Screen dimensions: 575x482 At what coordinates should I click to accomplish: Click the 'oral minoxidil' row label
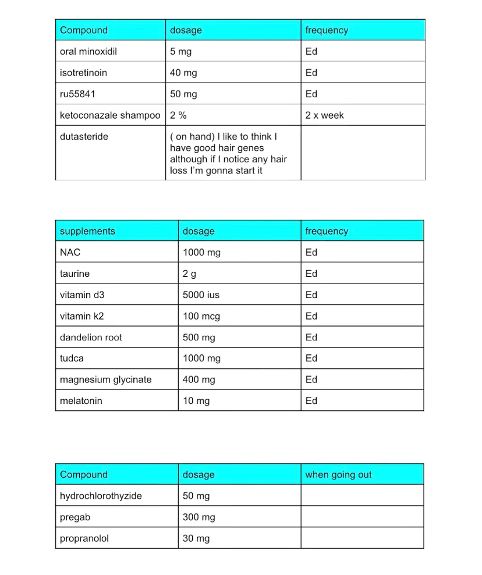coord(88,51)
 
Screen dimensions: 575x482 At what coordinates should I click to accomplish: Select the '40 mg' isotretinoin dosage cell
coord(183,73)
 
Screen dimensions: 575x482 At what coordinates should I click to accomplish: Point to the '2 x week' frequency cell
coord(324,115)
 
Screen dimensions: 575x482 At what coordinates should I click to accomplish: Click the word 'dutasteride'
coord(84,137)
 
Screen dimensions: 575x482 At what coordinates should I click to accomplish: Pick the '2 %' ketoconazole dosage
coord(178,115)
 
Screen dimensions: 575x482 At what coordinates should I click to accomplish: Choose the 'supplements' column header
coord(87,231)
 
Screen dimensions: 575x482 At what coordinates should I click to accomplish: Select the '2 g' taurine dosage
coord(189,274)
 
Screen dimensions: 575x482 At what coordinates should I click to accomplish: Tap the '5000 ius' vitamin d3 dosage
coord(201,295)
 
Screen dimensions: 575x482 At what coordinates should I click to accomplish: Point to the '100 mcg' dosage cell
coord(201,316)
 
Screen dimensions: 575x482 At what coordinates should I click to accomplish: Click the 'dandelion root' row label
coord(91,338)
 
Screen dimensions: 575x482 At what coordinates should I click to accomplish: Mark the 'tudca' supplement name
coord(72,359)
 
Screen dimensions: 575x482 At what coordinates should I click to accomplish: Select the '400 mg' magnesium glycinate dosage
coord(199,379)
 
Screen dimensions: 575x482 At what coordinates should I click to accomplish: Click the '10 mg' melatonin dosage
coord(196,401)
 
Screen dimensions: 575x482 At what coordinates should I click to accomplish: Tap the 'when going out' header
coord(338,474)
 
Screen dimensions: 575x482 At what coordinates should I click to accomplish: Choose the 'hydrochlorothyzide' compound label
coord(101,496)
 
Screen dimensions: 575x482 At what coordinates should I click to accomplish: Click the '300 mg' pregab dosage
coord(199,517)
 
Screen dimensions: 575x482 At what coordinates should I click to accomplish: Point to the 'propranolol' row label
coord(84,538)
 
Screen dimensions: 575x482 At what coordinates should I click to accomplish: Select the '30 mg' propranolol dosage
coord(196,538)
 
